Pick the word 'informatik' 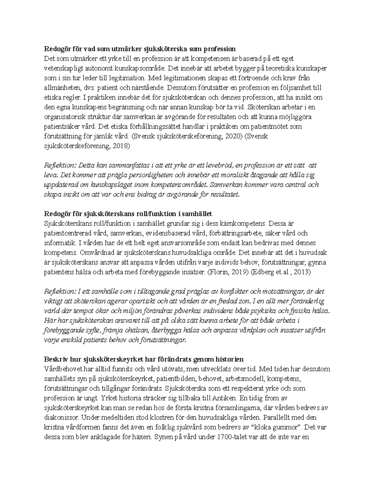tap(57, 243)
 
